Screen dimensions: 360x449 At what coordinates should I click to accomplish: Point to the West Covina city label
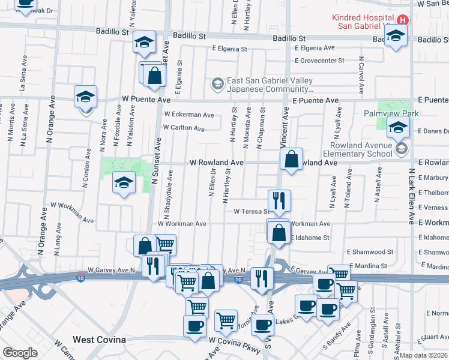[x=99, y=340]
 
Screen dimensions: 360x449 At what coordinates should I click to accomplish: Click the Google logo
[x=20, y=353]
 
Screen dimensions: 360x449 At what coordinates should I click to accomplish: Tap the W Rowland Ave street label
[x=216, y=163]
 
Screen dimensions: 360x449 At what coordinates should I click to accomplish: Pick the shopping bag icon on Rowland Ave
[x=291, y=159]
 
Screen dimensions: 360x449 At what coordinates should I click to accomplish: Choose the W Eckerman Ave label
[x=188, y=115]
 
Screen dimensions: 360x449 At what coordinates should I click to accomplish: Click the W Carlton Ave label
[x=184, y=128]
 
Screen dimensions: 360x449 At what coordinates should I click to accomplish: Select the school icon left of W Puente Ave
[x=86, y=96]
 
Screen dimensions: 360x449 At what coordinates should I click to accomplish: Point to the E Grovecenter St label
[x=319, y=61]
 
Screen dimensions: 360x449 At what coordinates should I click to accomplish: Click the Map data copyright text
[x=424, y=355]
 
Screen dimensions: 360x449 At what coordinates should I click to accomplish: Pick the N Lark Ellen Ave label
[x=412, y=195]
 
